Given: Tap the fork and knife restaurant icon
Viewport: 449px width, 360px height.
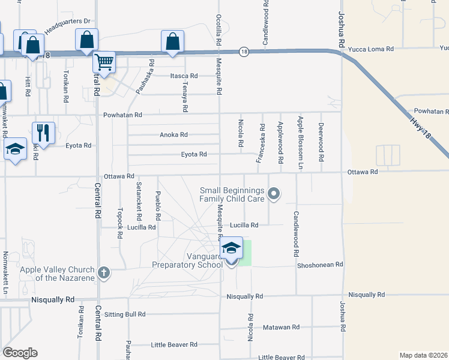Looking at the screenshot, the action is (x=43, y=132).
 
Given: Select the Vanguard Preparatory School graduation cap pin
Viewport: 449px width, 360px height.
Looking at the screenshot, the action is (x=231, y=249).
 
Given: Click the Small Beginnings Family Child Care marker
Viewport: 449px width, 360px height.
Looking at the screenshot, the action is (x=274, y=193).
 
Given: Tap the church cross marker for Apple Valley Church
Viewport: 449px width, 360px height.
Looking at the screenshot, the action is (x=103, y=273).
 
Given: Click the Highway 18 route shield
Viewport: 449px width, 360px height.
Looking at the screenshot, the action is (x=244, y=52).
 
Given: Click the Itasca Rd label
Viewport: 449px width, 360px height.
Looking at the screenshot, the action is (x=184, y=76).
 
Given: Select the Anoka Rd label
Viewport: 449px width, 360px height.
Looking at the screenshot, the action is (x=173, y=135).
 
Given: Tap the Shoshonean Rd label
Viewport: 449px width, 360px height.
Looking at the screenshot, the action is (x=320, y=265).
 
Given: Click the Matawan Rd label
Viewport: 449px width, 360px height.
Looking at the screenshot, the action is (x=281, y=327).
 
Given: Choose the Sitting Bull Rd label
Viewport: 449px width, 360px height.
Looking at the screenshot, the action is (x=125, y=314).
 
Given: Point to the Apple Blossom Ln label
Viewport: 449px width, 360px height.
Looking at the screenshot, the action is (x=301, y=141).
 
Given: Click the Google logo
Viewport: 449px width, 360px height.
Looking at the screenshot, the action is (x=20, y=353).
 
